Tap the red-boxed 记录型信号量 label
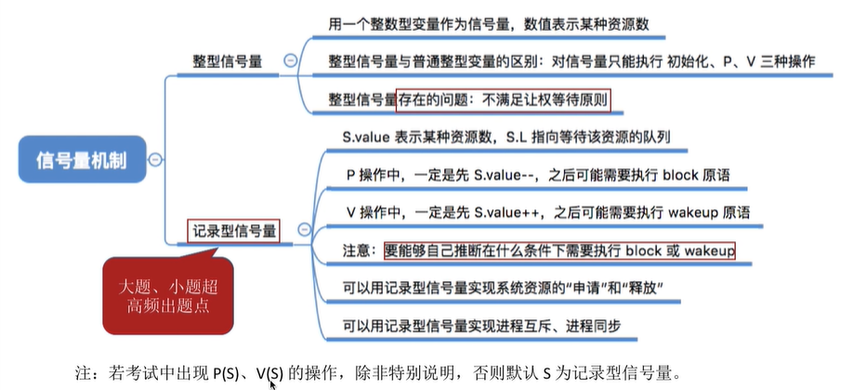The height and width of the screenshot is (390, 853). click(234, 229)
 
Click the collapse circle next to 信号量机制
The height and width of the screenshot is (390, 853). click(155, 159)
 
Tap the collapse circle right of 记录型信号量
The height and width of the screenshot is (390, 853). click(303, 229)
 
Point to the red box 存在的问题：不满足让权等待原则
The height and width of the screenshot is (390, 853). click(505, 98)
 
